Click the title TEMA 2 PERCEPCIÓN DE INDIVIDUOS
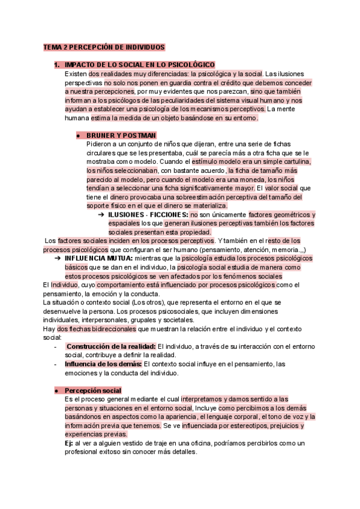tap(104, 47)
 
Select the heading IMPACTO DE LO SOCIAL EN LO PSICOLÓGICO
tap(139, 65)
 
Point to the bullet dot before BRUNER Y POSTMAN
tap(79, 136)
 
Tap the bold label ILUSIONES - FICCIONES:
tap(148, 214)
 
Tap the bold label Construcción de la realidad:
tap(111, 346)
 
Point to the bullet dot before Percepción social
tap(56, 390)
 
